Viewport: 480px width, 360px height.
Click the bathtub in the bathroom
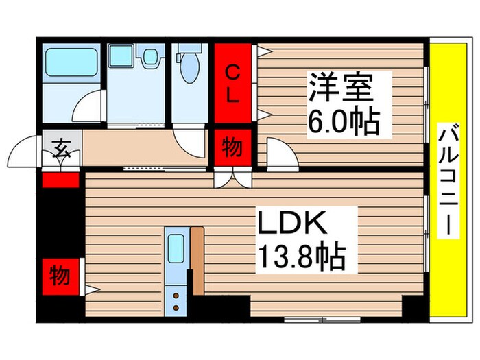[x=70, y=64]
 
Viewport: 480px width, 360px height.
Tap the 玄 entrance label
[x=62, y=147]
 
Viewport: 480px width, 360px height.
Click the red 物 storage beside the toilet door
[x=232, y=148]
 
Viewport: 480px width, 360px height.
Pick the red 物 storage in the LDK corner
[x=60, y=277]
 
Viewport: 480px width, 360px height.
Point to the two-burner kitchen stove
[x=176, y=300]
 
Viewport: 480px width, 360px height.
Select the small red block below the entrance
[x=60, y=180]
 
